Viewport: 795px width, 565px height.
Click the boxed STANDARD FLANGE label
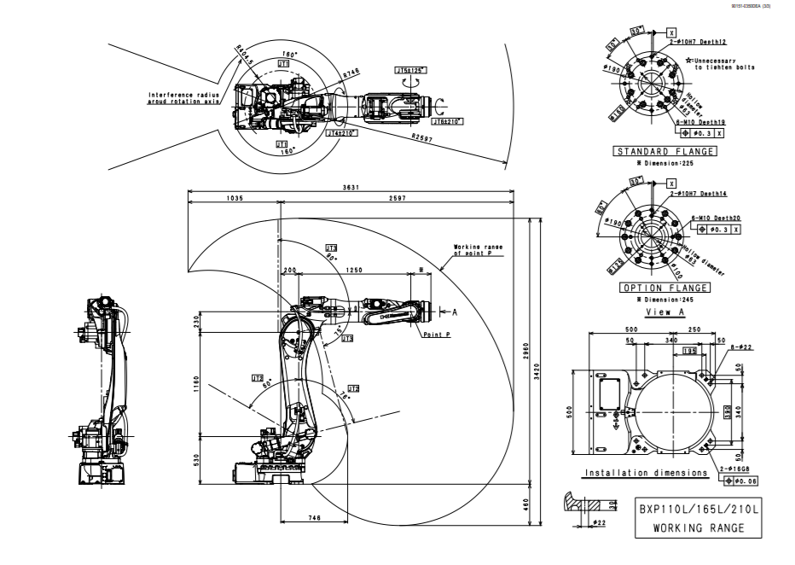[x=665, y=152]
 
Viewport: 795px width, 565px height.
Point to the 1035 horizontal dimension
[x=235, y=198]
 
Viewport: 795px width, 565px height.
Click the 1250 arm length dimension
[x=355, y=270]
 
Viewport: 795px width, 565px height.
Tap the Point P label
[x=437, y=335]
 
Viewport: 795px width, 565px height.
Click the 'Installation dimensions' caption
[x=646, y=472]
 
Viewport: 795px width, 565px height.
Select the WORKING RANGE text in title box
[x=699, y=527]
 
